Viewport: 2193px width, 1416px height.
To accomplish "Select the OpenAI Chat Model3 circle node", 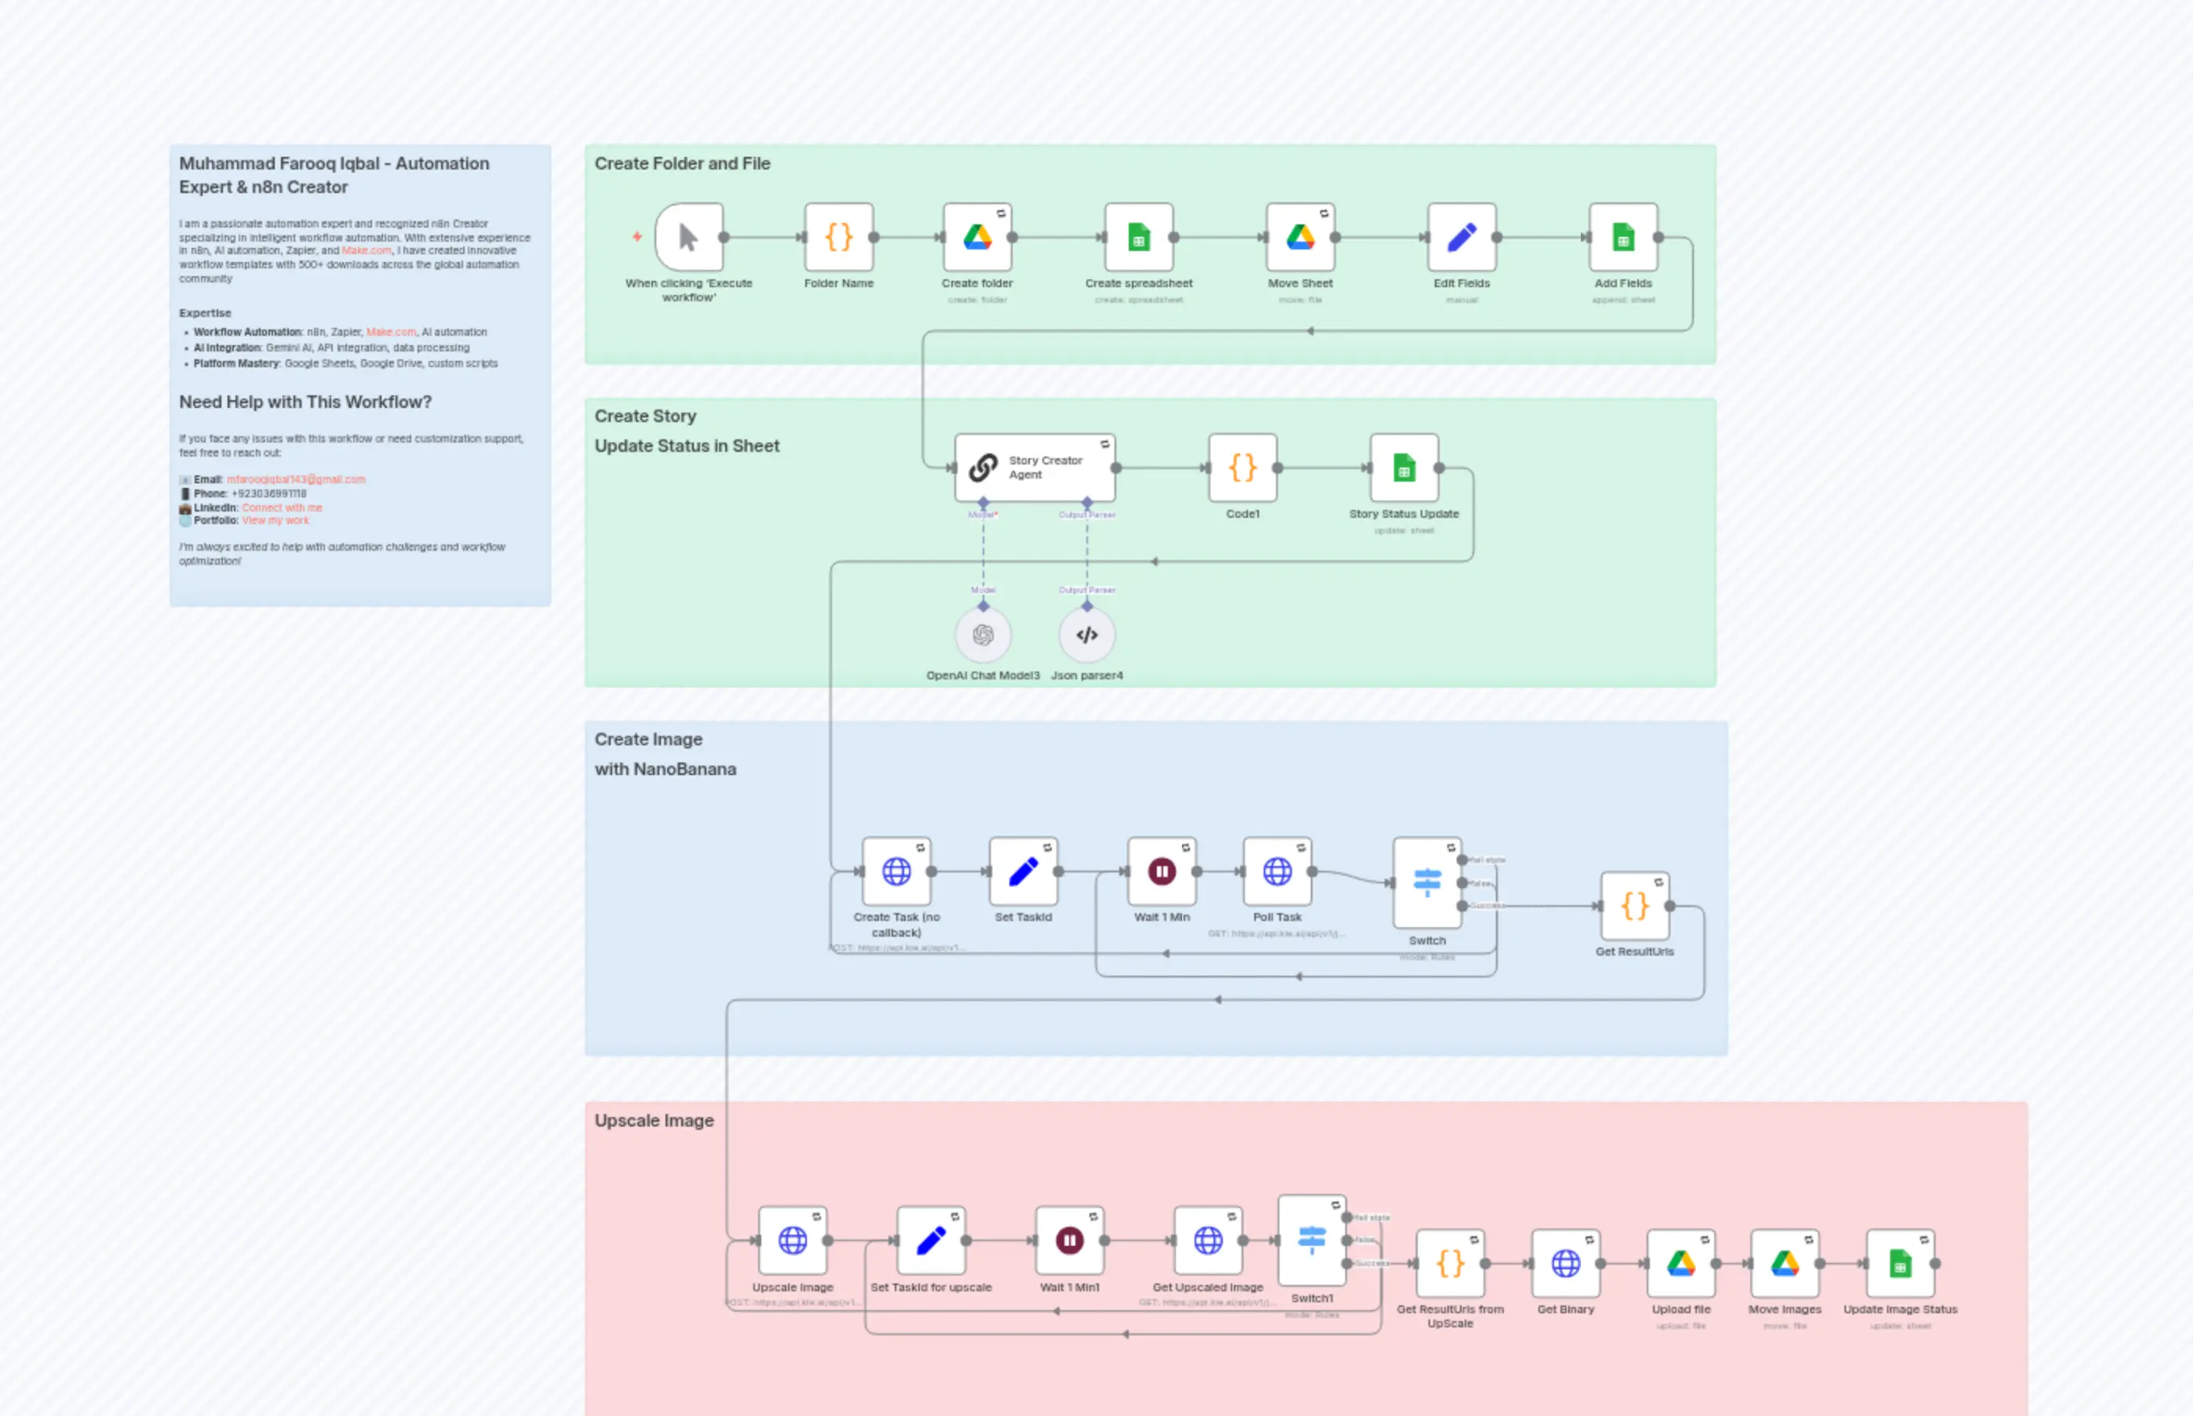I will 983,635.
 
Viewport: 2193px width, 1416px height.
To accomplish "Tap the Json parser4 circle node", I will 1086,635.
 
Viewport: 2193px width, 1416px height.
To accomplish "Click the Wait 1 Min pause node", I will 1162,872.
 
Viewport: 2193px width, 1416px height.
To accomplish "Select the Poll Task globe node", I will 1277,872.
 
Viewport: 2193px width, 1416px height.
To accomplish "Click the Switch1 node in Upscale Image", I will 1312,1240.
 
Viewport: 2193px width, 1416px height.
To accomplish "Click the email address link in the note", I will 296,480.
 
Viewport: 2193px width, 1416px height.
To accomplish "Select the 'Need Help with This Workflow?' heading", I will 305,402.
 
